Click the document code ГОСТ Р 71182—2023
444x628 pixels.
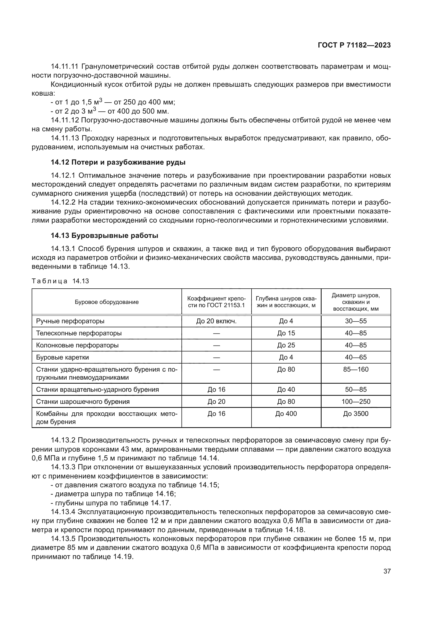(354, 45)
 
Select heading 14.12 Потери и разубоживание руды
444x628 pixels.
(118, 162)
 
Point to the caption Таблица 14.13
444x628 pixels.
(60, 281)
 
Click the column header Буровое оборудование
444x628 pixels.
(107, 302)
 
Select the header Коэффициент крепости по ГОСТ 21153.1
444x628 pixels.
(216, 302)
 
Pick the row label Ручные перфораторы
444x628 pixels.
(70, 321)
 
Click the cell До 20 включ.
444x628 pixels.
(216, 321)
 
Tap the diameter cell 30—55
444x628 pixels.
(356, 321)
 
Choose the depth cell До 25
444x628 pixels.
(286, 345)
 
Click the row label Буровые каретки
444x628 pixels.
(62, 357)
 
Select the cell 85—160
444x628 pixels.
(356, 369)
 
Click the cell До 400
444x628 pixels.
(286, 413)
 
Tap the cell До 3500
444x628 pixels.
(356, 413)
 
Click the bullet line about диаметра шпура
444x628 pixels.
(113, 494)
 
